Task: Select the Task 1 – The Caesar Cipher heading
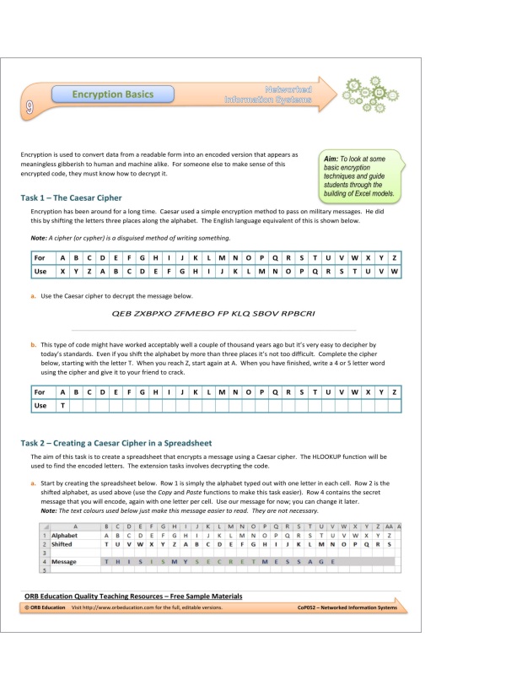71,197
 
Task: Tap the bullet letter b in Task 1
32,344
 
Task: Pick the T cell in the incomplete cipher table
62,406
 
